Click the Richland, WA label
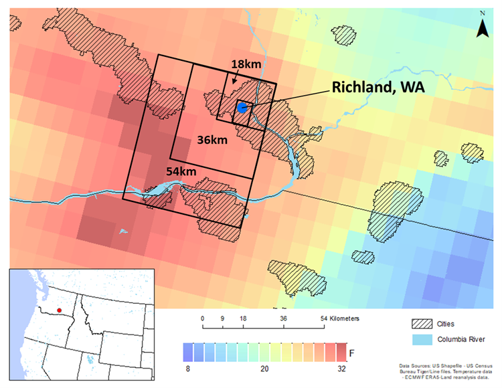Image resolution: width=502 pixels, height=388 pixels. (378, 87)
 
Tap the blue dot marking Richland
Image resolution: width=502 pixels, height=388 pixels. (242, 107)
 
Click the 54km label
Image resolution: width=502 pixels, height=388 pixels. (181, 173)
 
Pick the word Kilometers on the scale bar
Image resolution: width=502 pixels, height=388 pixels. (341, 318)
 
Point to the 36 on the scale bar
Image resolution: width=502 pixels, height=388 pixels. (283, 318)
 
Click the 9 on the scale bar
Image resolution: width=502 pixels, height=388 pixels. (222, 318)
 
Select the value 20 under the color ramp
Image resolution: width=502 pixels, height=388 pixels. (264, 368)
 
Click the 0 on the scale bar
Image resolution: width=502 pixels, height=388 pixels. (203, 318)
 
